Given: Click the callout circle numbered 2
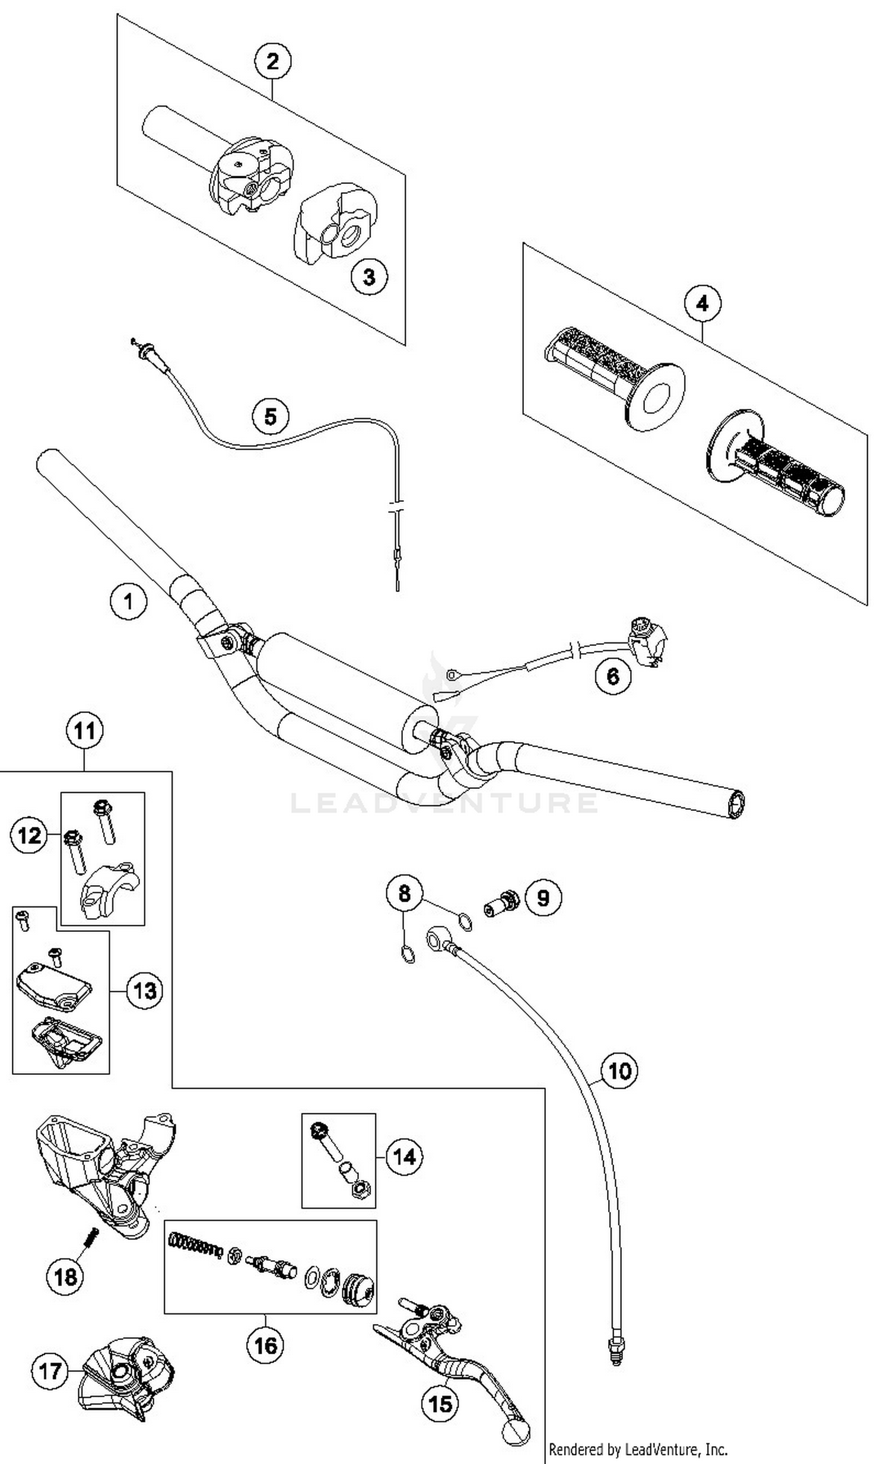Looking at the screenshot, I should point(273,61).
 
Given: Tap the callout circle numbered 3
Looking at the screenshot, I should point(368,276).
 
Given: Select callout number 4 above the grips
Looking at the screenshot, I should point(703,304).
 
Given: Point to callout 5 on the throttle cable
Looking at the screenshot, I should point(271,416).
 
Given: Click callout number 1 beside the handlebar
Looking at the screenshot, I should point(128,601).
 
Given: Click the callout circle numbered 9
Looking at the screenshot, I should point(543,897).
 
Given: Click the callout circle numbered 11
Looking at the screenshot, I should point(84,730).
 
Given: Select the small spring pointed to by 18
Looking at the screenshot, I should point(92,1239).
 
